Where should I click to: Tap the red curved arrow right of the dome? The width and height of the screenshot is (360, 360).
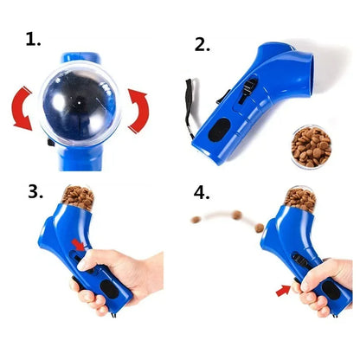(x=139, y=107)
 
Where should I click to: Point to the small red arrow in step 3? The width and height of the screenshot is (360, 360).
(x=79, y=246)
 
